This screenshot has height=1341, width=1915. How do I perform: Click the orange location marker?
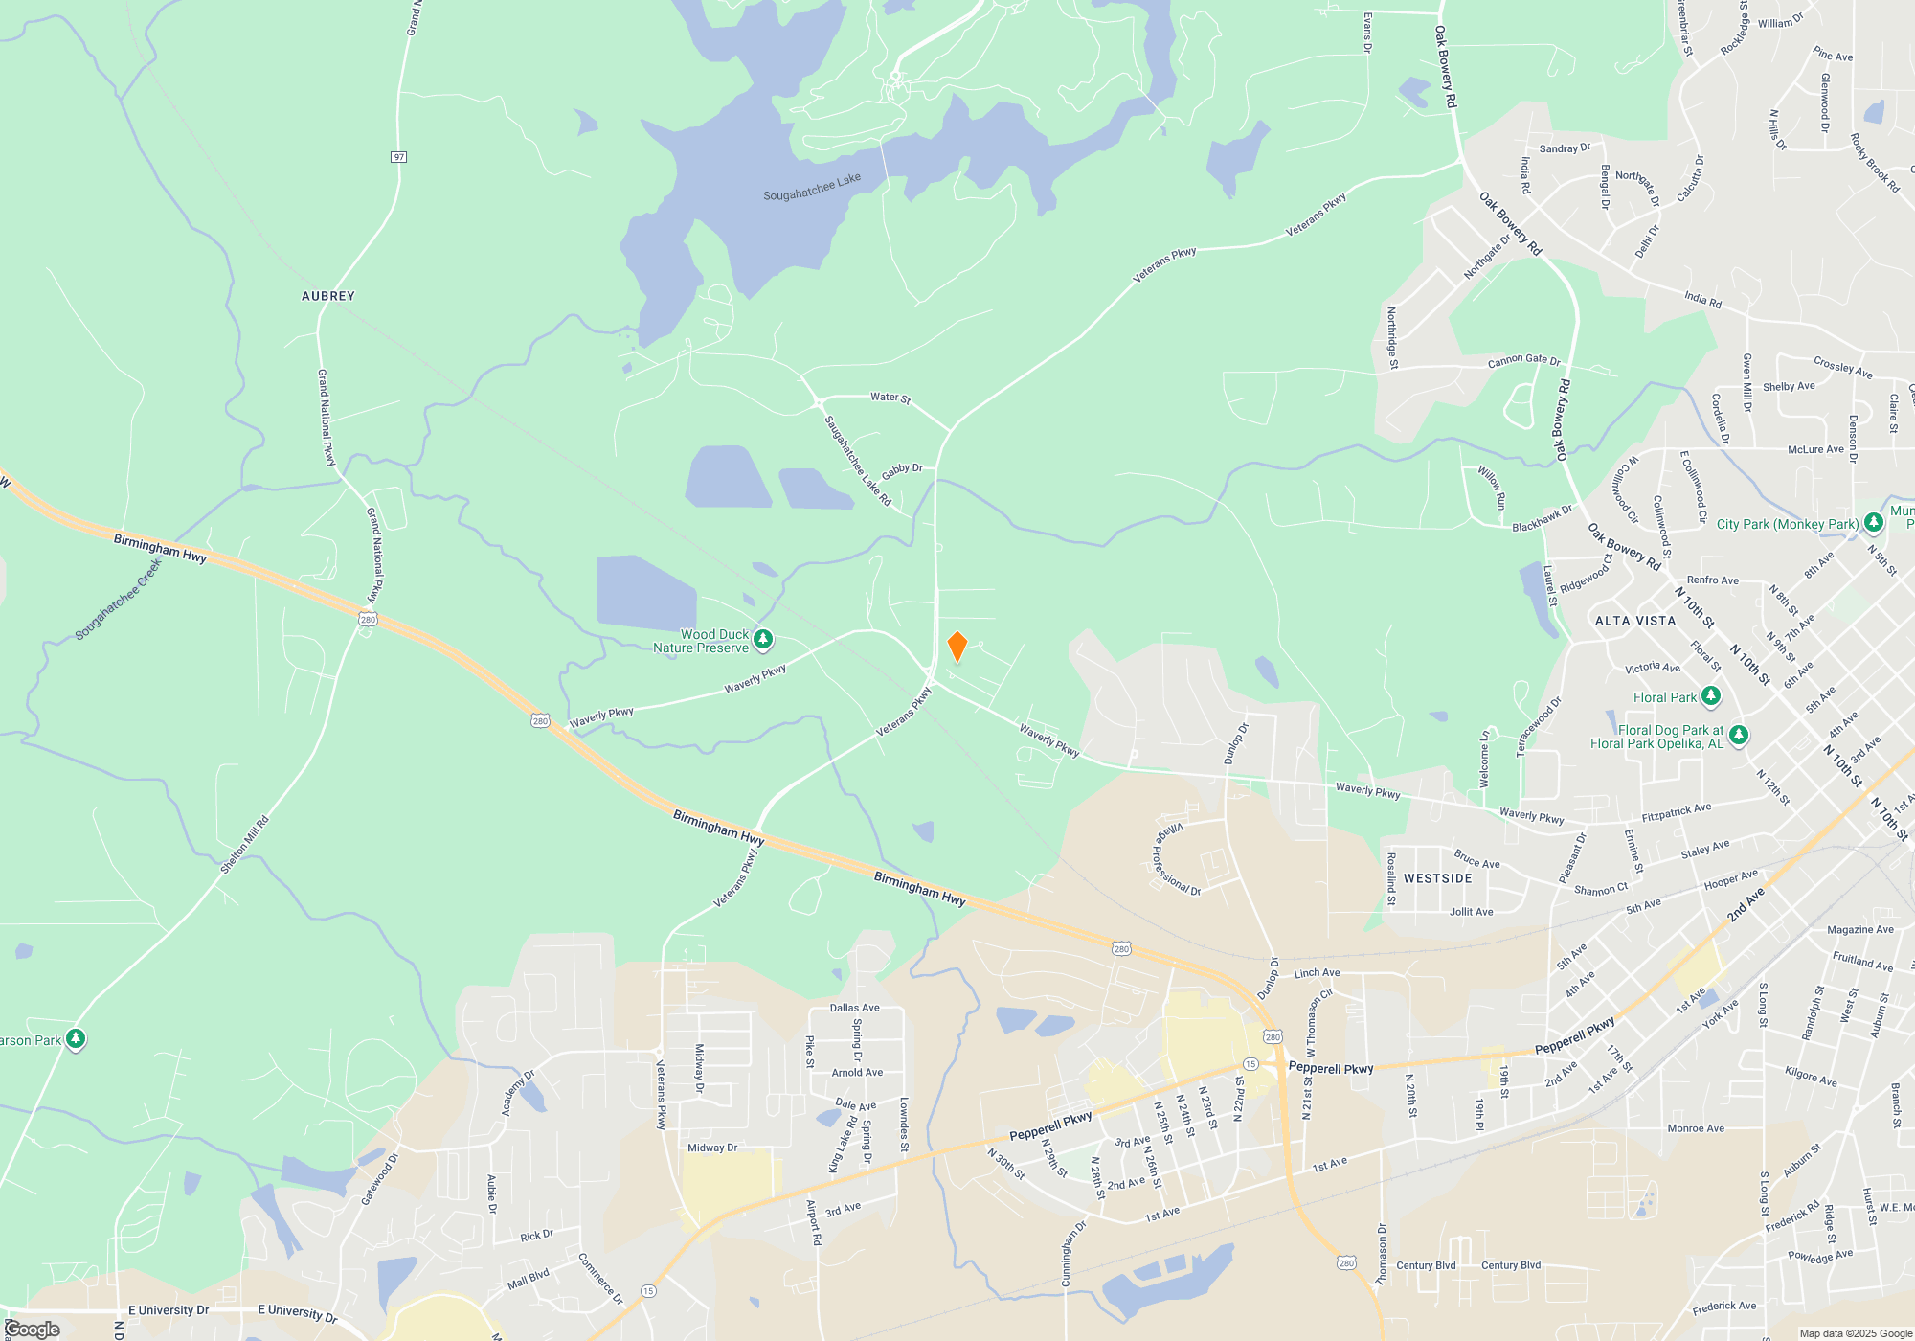(x=957, y=647)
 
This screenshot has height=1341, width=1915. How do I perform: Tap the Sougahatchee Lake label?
(x=811, y=187)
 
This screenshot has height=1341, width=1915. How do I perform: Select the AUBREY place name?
(x=328, y=296)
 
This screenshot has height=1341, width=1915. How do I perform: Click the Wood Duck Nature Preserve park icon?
(x=763, y=639)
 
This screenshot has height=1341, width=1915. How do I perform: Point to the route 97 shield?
(x=399, y=157)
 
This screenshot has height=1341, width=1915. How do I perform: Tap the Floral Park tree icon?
(x=1711, y=696)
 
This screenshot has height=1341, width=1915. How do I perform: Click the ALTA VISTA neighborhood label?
(x=1635, y=621)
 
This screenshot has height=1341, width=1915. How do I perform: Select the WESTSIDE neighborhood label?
(x=1438, y=878)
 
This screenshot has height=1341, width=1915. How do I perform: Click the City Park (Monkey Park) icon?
(x=1874, y=524)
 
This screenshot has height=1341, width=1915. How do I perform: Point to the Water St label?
(x=890, y=398)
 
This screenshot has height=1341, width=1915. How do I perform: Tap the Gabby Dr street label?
(x=902, y=470)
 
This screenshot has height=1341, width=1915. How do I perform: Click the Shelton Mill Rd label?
(x=245, y=844)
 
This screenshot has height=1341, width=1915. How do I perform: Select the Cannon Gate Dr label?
(x=1523, y=360)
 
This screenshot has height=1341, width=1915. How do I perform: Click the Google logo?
(x=32, y=1330)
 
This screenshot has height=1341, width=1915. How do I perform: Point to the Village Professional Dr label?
(x=1176, y=859)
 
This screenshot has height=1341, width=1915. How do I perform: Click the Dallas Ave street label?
(x=854, y=1008)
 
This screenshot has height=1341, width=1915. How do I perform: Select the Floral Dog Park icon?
(x=1739, y=735)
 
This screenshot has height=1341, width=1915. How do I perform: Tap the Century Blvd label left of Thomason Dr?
(x=1426, y=1265)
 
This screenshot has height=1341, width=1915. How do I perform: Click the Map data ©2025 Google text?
(x=1856, y=1333)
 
